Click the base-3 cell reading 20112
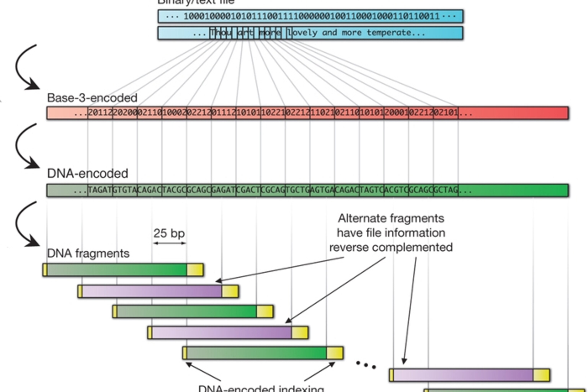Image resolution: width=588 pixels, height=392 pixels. click(x=100, y=113)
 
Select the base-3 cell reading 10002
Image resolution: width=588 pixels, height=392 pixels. click(x=174, y=113)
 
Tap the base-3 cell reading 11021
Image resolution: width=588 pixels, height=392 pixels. click(x=322, y=113)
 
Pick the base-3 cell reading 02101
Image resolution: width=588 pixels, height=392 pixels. click(x=446, y=113)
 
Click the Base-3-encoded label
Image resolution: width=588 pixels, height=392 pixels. click(x=92, y=98)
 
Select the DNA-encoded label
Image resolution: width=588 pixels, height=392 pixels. click(x=87, y=174)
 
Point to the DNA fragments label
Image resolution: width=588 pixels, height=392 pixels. click(x=88, y=253)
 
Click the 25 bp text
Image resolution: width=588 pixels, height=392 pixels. click(x=169, y=233)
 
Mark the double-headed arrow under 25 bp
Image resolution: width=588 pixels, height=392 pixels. click(x=169, y=243)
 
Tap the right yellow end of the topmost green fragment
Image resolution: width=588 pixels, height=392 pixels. click(x=195, y=270)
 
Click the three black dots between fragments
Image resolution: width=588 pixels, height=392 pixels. click(x=366, y=365)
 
